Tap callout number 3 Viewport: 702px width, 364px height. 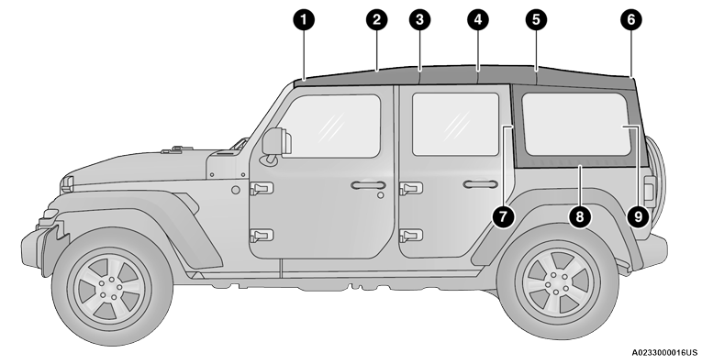[x=420, y=18]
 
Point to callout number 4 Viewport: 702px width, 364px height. [x=477, y=18]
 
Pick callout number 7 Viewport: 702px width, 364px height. [x=502, y=215]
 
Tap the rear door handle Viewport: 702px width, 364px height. [x=479, y=186]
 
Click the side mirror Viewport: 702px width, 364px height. [x=274, y=142]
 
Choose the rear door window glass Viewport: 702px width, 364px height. [x=455, y=124]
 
